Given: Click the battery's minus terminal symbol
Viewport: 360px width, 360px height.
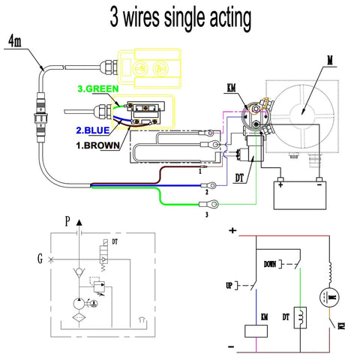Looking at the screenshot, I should coord(318,180).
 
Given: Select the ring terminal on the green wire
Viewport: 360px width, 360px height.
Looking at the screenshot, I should coord(214,202).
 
